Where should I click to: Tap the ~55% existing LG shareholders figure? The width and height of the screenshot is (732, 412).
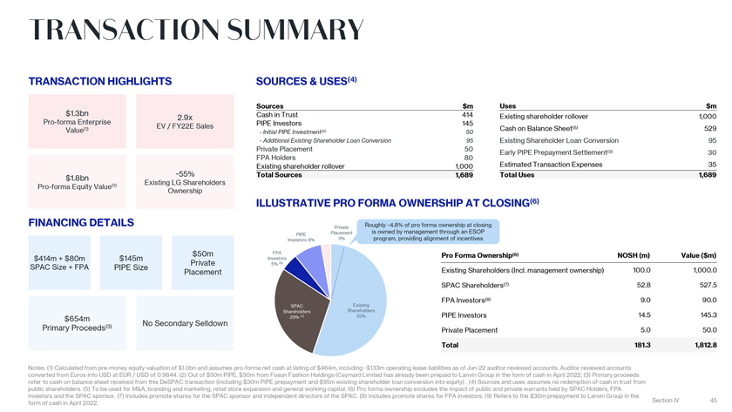[185, 172]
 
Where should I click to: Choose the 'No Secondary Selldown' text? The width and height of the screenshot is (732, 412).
[185, 324]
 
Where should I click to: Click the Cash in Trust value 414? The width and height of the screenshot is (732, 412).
[467, 115]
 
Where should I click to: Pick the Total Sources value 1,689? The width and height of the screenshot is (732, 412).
[464, 175]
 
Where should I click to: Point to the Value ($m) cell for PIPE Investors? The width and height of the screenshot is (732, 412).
[703, 314]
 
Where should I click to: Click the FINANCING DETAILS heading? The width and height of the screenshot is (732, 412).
[81, 222]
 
